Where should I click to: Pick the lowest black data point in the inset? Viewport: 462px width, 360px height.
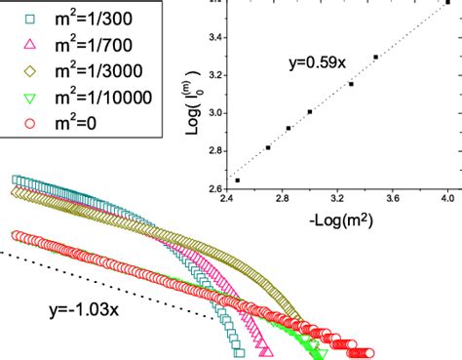[238, 180]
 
